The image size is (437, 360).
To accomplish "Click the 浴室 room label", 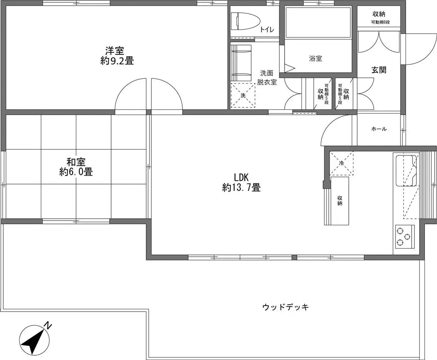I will point(315,59).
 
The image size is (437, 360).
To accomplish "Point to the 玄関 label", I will point(379,70).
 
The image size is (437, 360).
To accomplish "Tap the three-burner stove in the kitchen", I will point(404,236).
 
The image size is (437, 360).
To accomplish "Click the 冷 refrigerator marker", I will point(341,163).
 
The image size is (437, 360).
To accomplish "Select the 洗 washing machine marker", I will point(243,95).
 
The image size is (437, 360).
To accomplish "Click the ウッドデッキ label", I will point(286,307).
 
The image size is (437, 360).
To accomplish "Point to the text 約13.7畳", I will point(241,188).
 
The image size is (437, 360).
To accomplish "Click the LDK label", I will point(241,177).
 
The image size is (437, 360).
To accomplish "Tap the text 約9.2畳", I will point(114,60).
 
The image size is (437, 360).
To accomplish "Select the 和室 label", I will point(76,162).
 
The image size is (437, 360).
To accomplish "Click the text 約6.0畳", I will point(76,172).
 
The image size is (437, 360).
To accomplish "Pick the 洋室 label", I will point(114,50).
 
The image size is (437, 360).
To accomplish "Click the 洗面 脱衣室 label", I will point(267,77).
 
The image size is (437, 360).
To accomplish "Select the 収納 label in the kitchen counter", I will point(339,200).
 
